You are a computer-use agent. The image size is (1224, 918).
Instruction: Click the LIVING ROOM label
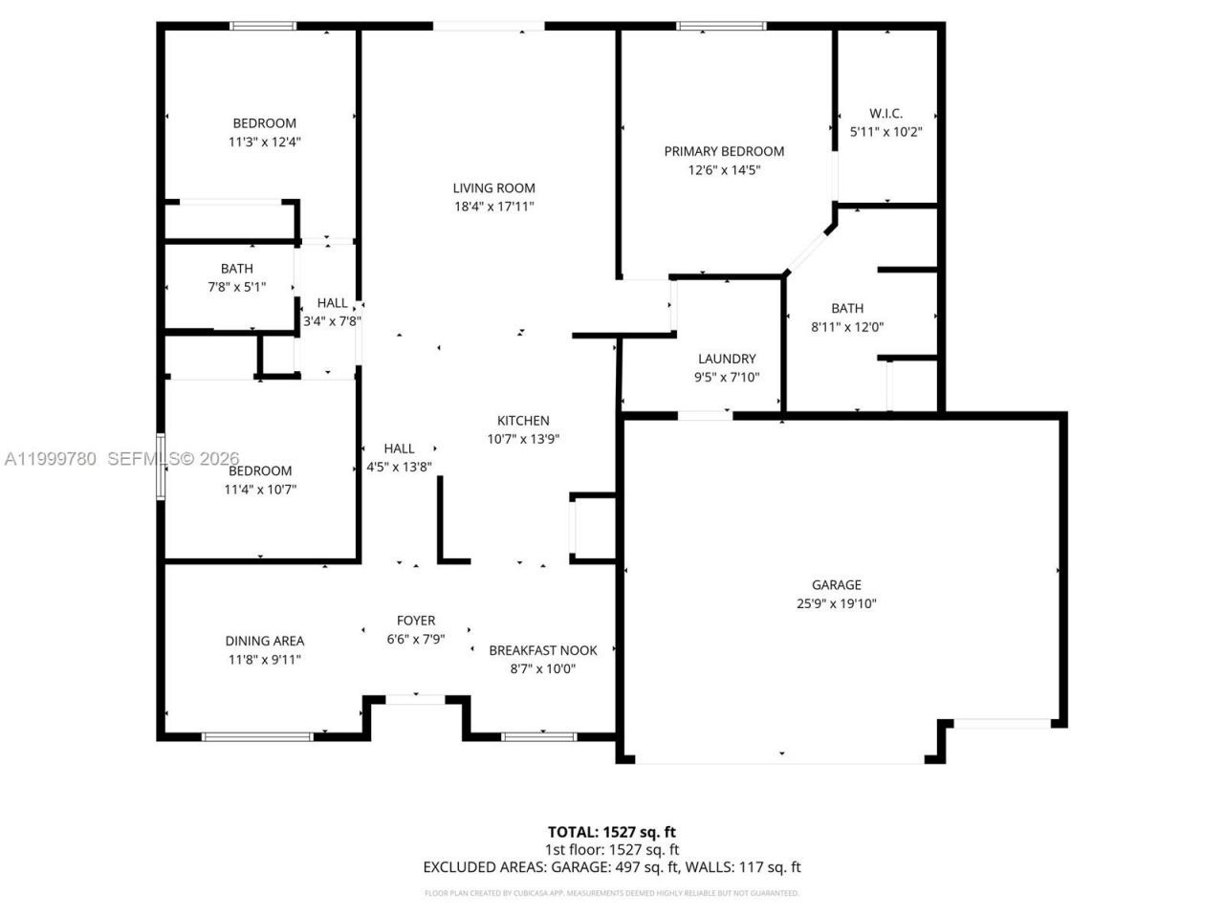pyautogui.click(x=493, y=188)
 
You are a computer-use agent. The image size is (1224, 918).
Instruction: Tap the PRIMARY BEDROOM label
pyautogui.click(x=724, y=151)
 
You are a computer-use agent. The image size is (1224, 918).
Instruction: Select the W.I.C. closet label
pyautogui.click(x=885, y=114)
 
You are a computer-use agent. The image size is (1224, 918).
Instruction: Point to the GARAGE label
pyautogui.click(x=836, y=585)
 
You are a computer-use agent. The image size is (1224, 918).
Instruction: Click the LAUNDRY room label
pyautogui.click(x=727, y=359)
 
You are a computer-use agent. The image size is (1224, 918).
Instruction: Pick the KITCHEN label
pyautogui.click(x=523, y=421)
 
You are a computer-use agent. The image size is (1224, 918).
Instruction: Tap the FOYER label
pyautogui.click(x=416, y=621)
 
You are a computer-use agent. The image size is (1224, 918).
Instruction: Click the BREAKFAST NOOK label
pyautogui.click(x=542, y=650)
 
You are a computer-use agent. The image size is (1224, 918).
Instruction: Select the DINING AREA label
pyautogui.click(x=265, y=641)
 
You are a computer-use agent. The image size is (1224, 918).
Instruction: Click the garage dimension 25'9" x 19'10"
pyautogui.click(x=836, y=603)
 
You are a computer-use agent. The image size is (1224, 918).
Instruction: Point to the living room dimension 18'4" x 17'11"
pyautogui.click(x=493, y=207)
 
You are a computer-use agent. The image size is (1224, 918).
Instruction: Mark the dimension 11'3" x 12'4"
pyautogui.click(x=265, y=142)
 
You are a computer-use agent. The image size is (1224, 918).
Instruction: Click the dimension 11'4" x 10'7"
pyautogui.click(x=260, y=490)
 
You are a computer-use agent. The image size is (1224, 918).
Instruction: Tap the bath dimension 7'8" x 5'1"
pyautogui.click(x=236, y=287)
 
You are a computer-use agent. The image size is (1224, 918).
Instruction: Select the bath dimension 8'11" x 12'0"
pyautogui.click(x=846, y=327)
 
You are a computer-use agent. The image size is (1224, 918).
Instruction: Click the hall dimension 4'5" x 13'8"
pyautogui.click(x=399, y=468)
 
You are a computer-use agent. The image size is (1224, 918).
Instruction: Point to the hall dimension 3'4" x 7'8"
pyautogui.click(x=332, y=322)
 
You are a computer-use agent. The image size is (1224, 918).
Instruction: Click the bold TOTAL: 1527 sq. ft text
pyautogui.click(x=611, y=832)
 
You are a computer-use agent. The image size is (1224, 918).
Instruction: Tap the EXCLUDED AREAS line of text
pyautogui.click(x=611, y=867)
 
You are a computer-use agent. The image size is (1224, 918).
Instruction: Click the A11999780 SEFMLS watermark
pyautogui.click(x=121, y=459)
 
